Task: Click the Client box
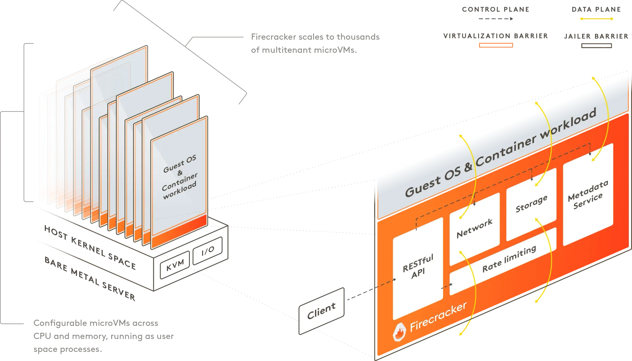pos(321,310)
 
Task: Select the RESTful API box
pos(418,268)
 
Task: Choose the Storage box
pos(531,204)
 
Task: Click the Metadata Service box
pos(588,194)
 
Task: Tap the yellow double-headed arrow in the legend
pos(596,19)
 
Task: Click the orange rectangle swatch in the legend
pos(495,45)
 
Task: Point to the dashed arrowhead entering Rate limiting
pos(451,285)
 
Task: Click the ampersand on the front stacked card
pos(180,172)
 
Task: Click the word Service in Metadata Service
pos(588,201)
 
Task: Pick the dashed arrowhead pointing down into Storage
pos(532,179)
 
